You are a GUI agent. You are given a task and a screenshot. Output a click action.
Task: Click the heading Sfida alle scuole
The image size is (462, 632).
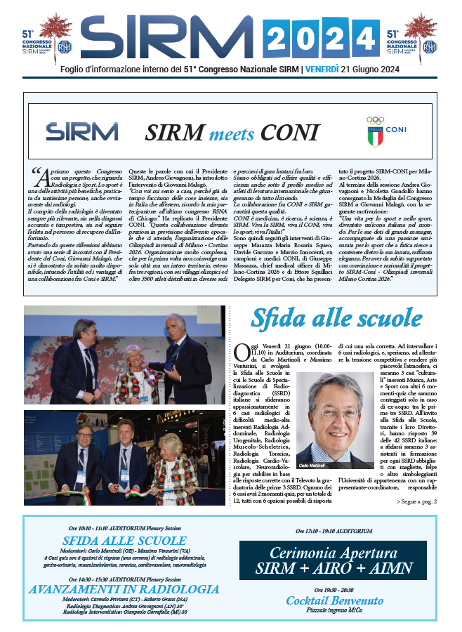click(338, 318)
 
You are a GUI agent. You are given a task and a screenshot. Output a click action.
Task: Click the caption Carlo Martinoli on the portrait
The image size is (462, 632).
click(313, 465)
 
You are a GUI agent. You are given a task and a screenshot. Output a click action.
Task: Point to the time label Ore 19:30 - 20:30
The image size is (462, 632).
click(334, 591)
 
